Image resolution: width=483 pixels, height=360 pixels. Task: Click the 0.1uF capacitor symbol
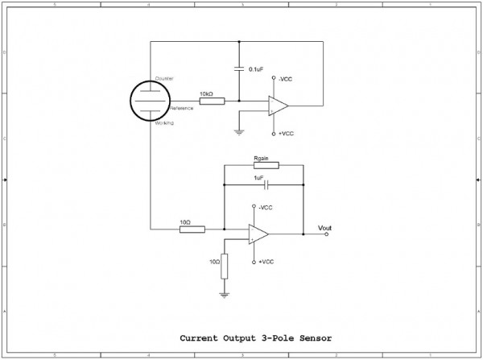239,69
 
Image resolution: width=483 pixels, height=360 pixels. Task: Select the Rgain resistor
266,166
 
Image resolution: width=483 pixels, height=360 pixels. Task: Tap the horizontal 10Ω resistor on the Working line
192,229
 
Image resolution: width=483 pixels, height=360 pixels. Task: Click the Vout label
324,228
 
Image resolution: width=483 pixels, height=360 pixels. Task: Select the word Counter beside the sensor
175,78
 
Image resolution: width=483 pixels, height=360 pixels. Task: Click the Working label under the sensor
175,123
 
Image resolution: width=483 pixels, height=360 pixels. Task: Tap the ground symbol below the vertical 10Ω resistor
224,295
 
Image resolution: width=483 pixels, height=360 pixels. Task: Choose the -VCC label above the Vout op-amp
266,207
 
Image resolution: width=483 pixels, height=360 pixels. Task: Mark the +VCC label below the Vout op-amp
266,262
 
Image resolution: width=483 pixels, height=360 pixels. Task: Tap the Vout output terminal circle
327,235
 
